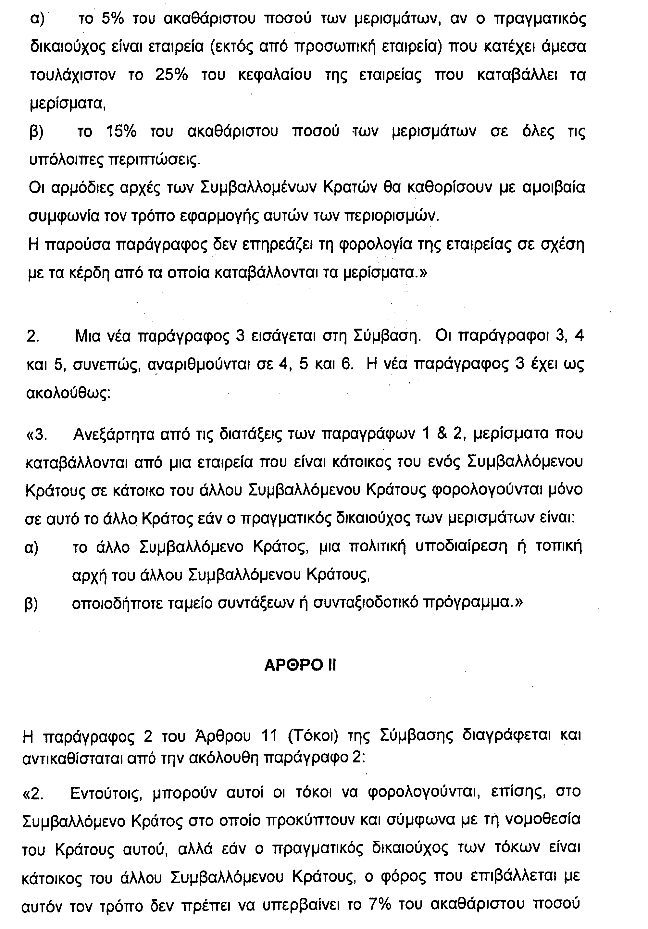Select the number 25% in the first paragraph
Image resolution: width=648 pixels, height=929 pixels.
pyautogui.click(x=171, y=75)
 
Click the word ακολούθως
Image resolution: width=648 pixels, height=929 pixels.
pyautogui.click(x=68, y=393)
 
